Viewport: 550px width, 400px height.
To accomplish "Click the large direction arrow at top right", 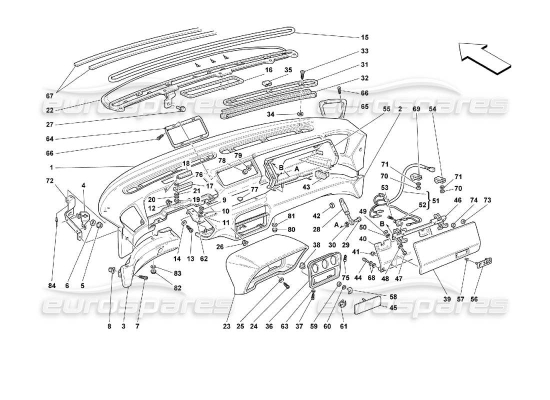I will pyautogui.click(x=483, y=57).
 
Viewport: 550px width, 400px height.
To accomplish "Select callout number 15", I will pyautogui.click(x=364, y=37).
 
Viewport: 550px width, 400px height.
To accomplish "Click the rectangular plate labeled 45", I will pyautogui.click(x=370, y=304).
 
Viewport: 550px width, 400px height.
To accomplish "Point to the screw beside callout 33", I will pyautogui.click(x=302, y=74).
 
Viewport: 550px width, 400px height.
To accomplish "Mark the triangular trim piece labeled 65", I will pyautogui.click(x=330, y=108).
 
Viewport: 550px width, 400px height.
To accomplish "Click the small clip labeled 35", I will pyautogui.click(x=267, y=83).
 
